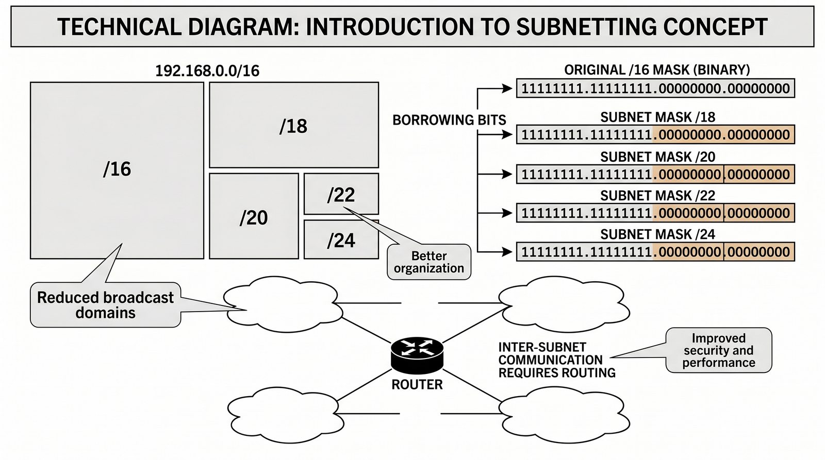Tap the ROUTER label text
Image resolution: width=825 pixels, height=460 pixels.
click(417, 384)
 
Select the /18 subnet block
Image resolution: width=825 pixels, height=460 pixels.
click(293, 125)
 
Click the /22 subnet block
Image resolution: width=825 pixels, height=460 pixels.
click(341, 194)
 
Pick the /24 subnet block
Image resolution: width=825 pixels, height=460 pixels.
click(341, 240)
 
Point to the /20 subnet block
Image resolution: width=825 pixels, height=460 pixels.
click(254, 217)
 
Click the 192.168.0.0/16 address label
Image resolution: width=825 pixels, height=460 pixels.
click(207, 71)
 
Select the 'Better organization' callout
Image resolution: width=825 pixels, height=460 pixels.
click(429, 262)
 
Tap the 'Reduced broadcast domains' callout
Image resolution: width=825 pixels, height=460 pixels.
click(106, 305)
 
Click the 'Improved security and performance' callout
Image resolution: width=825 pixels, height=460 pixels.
click(719, 350)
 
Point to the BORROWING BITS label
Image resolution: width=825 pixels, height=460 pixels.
click(449, 120)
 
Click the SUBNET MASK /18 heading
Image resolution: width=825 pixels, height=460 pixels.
click(657, 117)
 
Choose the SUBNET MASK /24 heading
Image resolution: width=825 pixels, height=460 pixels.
click(657, 234)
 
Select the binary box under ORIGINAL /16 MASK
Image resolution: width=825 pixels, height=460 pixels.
click(655, 89)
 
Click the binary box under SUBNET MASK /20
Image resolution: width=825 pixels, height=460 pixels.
click(655, 174)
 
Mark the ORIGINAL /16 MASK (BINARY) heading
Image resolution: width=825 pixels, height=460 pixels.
click(657, 70)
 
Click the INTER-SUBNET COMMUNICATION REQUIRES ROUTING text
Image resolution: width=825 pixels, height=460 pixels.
click(556, 360)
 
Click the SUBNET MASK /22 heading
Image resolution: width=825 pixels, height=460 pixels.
click(657, 196)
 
